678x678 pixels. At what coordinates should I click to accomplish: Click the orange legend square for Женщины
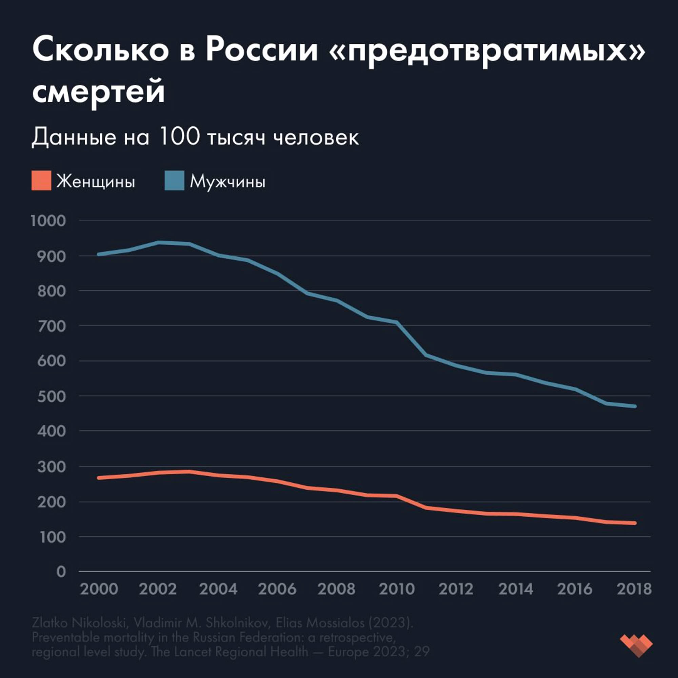point(41,180)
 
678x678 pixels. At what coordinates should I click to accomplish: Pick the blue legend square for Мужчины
point(174,180)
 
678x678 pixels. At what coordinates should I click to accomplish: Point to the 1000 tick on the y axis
point(48,221)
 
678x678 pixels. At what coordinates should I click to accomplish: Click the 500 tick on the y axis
point(51,396)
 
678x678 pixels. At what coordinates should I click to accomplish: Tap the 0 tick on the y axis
point(61,572)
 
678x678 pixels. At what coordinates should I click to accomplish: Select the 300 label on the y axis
point(51,467)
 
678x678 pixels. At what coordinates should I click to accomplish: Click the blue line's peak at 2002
point(159,242)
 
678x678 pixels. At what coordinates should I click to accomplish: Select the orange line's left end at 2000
point(99,478)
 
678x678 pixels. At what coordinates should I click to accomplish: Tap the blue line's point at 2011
point(426,355)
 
